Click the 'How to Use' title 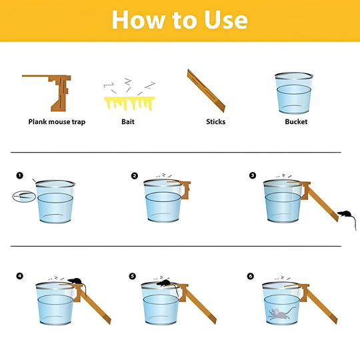[x=179, y=19]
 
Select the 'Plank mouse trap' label [x=57, y=121]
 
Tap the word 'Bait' [x=128, y=121]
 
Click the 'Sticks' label [x=215, y=121]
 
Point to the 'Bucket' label [x=296, y=121]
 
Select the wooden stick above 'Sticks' [x=207, y=91]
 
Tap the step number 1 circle [x=20, y=176]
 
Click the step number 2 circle [x=135, y=176]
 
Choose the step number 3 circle [x=252, y=176]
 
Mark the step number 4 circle [x=20, y=275]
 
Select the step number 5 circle [x=133, y=275]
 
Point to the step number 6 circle [x=251, y=275]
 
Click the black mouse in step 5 [x=163, y=283]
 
